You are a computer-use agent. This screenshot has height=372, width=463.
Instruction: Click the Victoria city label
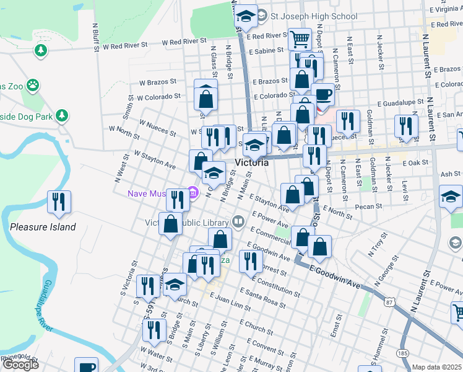coord(252,162)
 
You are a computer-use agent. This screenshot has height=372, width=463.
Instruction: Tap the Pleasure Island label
coord(43,227)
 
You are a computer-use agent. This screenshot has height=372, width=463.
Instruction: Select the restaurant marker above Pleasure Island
coord(59,202)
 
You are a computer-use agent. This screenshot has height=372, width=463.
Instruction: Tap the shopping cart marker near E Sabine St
coord(300,39)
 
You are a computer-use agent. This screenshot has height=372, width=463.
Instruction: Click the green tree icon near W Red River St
coord(41,50)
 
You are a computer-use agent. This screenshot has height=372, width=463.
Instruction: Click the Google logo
coord(20,365)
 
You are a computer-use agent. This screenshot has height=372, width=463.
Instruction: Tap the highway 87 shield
coord(389,301)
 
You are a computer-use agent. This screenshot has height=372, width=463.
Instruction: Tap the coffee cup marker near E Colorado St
coord(324,94)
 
